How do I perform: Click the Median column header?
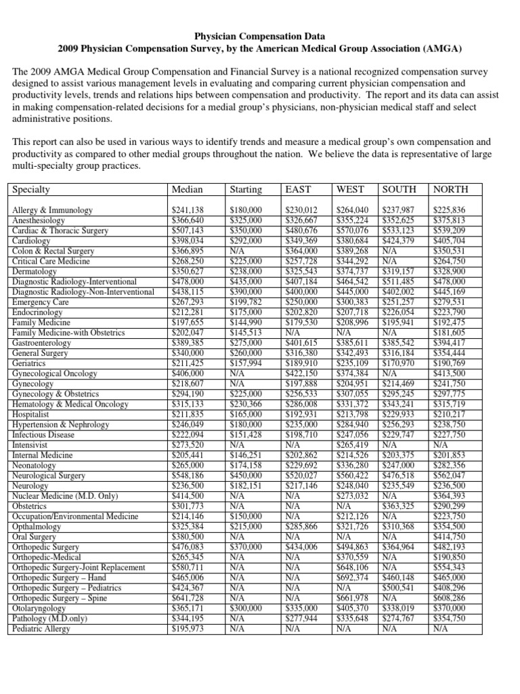click(x=188, y=190)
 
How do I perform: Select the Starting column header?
click(x=246, y=190)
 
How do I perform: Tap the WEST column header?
click(x=351, y=190)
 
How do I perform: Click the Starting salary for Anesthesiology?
click(x=246, y=220)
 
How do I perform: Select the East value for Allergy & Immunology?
click(x=301, y=210)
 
